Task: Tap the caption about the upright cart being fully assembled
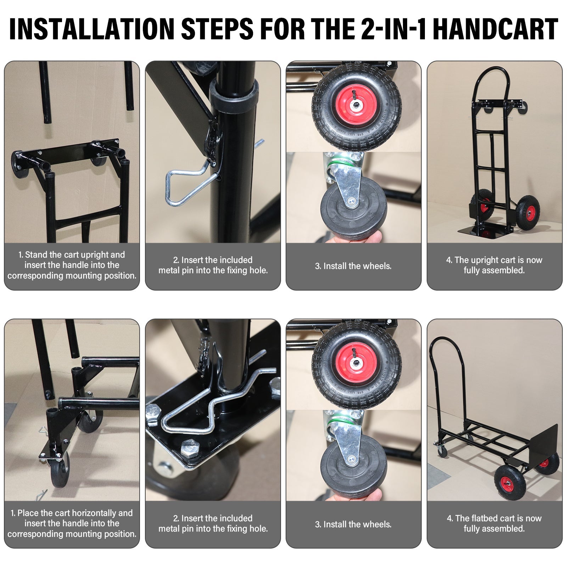click(x=494, y=265)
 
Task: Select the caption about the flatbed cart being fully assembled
click(x=494, y=523)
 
